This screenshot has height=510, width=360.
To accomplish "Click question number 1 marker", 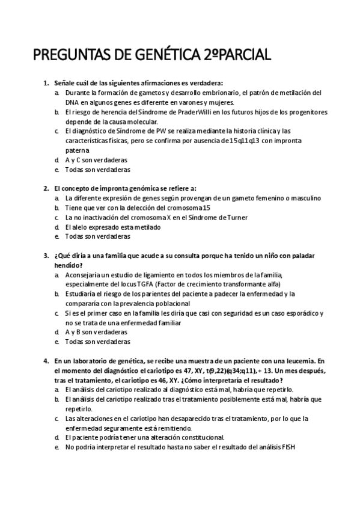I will coord(46,83).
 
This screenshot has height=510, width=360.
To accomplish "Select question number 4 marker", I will coord(46,361).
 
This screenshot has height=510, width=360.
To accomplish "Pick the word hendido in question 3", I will coord(67,265).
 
